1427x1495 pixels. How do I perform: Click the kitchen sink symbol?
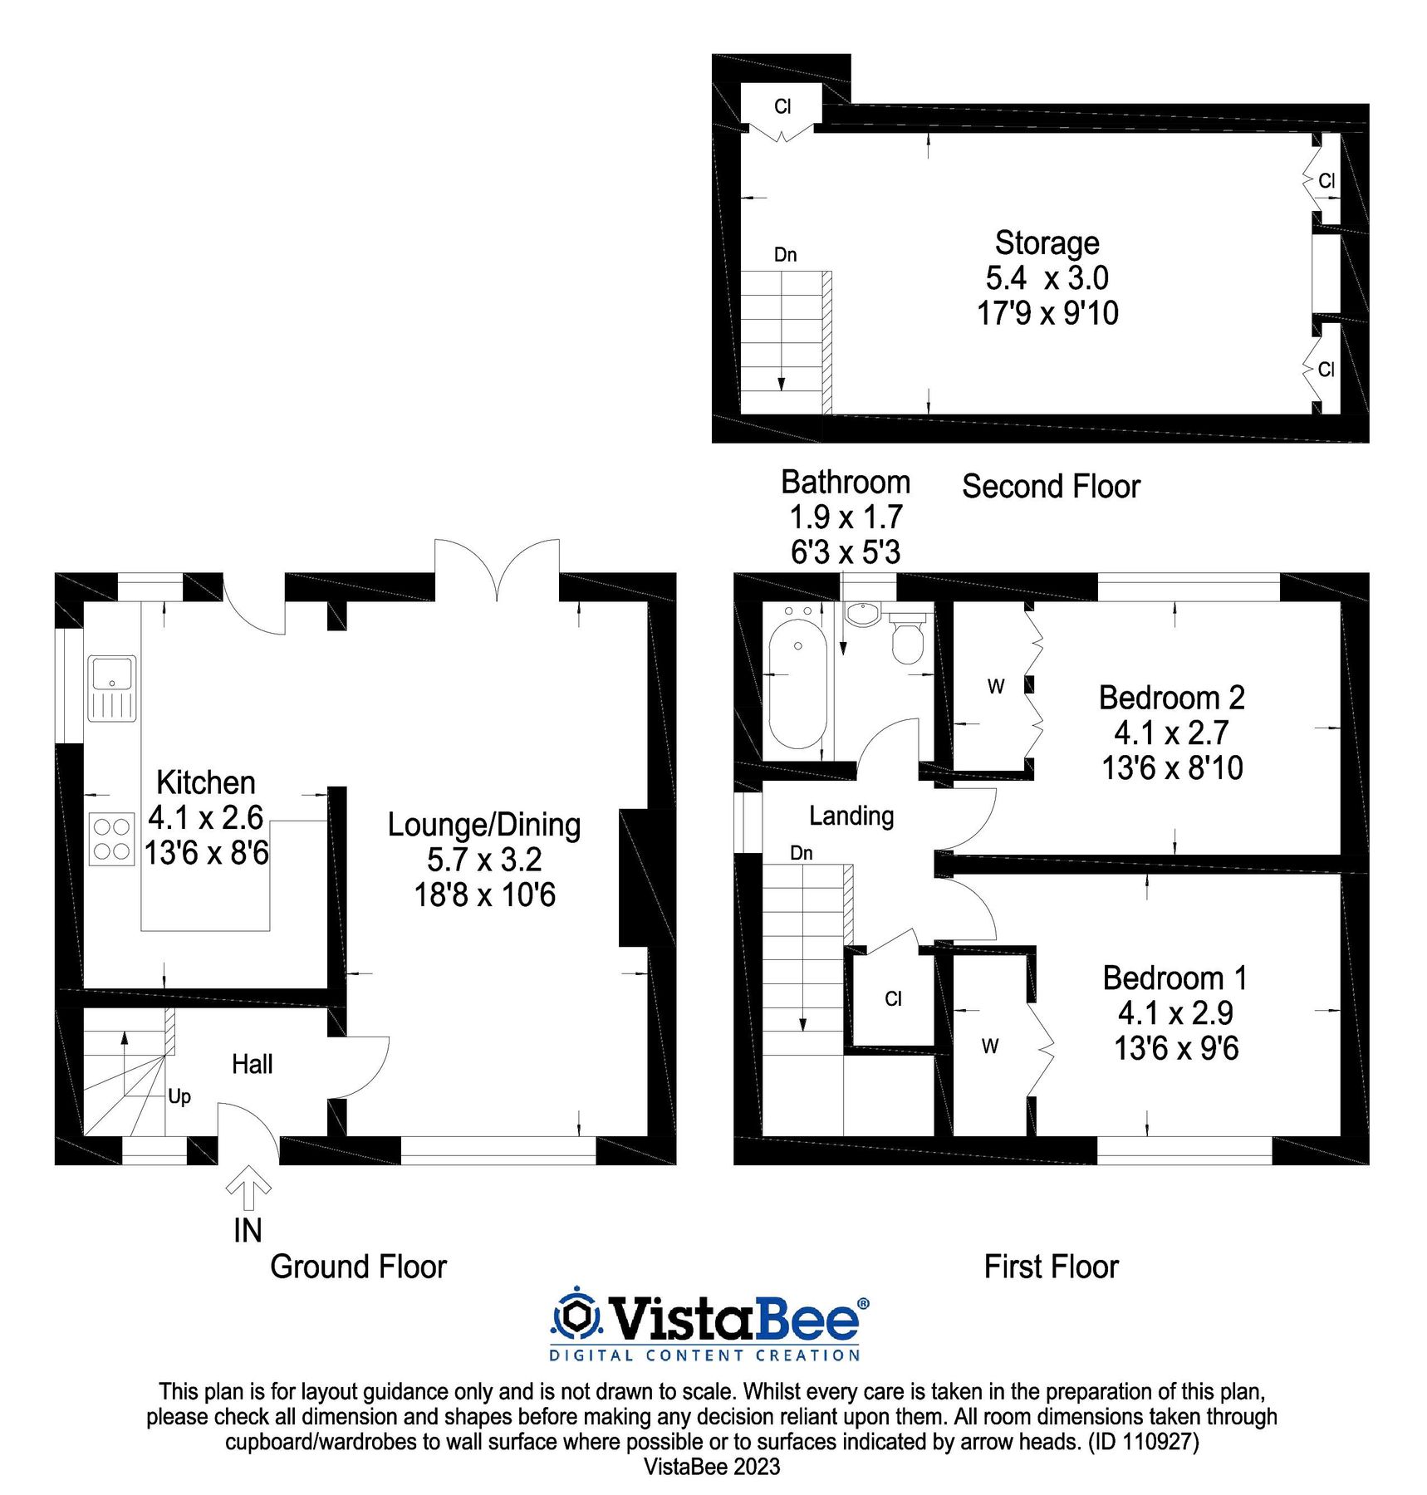[x=112, y=689]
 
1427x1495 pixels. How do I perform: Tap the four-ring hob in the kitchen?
[x=111, y=839]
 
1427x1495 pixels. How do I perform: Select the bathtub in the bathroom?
[x=797, y=683]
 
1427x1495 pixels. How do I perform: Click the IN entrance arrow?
[x=248, y=1189]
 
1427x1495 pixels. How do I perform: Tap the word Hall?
[x=252, y=1064]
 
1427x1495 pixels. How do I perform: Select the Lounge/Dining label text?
[x=484, y=825]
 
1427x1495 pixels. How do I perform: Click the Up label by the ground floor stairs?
[x=179, y=1096]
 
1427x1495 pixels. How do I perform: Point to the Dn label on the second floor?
[x=785, y=254]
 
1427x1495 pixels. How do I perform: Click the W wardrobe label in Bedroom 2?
[x=996, y=686]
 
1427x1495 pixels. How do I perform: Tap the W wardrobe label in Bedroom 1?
[x=990, y=1046]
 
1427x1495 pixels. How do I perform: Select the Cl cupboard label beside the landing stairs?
[x=893, y=999]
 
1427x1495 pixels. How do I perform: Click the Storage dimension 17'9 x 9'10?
[x=1047, y=313]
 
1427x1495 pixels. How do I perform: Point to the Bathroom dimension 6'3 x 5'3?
[x=846, y=552]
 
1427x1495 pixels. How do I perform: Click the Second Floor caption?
[x=1051, y=487]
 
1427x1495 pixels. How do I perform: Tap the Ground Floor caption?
[x=358, y=1267]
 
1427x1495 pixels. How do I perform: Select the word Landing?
[x=851, y=816]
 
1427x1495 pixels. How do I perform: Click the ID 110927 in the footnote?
[x=1144, y=1441]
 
